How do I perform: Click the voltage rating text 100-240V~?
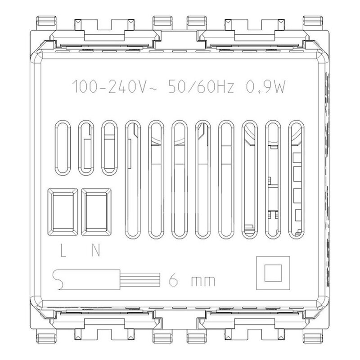pyautogui.click(x=114, y=87)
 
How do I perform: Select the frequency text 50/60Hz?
pyautogui.click(x=201, y=87)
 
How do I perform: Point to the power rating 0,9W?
pyautogui.click(x=266, y=87)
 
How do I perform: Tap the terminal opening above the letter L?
pyautogui.click(x=63, y=212)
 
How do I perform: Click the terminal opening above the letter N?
pyautogui.click(x=96, y=212)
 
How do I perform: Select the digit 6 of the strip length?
pyautogui.click(x=173, y=280)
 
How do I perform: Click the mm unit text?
pyautogui.click(x=203, y=282)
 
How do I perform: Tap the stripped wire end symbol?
pyautogui.click(x=107, y=279)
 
